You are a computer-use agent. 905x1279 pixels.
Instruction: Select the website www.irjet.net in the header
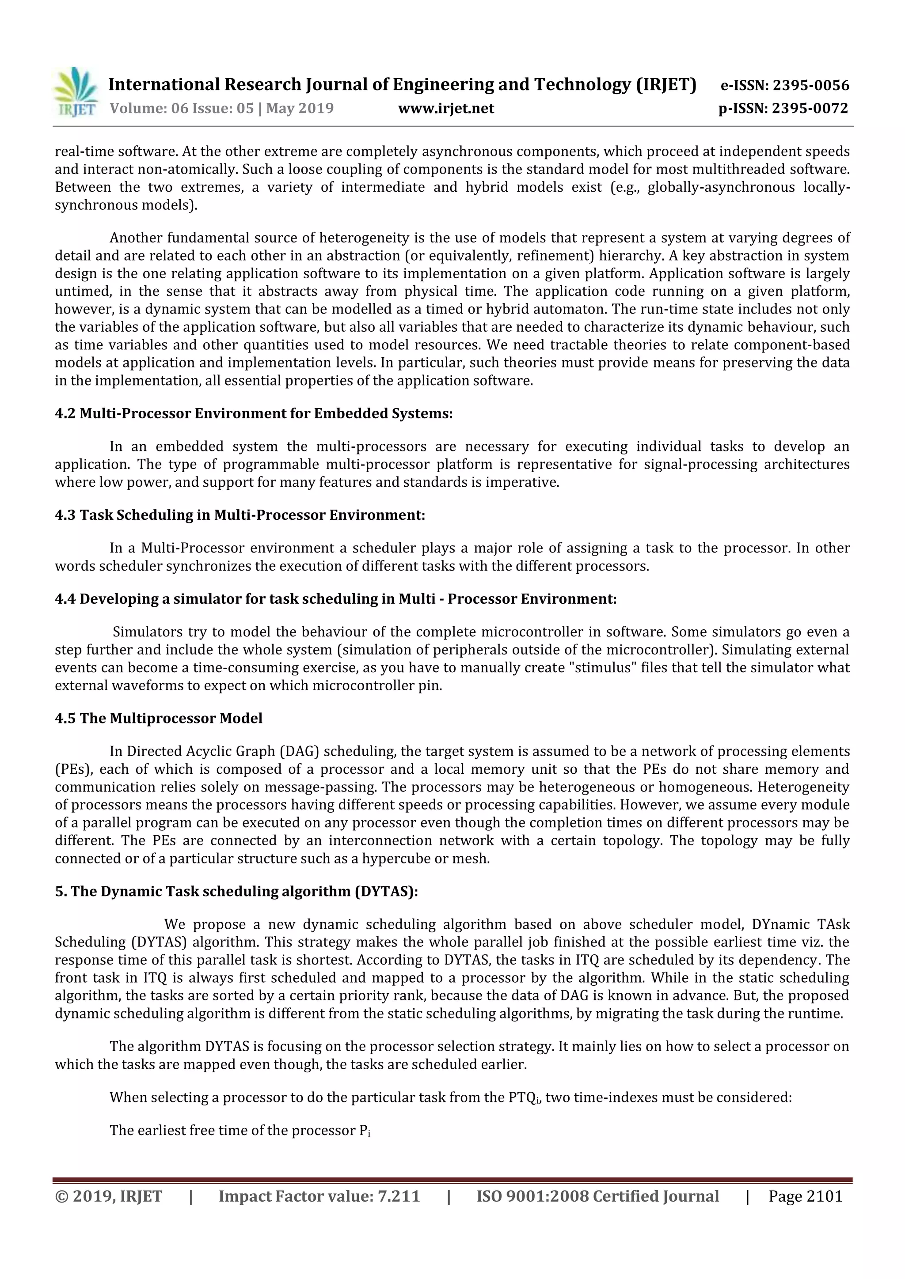click(446, 109)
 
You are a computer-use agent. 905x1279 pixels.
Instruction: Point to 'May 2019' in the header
click(300, 109)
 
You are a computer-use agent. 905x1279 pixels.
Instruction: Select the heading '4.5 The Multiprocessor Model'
click(159, 719)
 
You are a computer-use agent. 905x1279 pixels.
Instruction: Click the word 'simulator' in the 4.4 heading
click(207, 599)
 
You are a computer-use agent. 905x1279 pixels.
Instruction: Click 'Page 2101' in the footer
click(805, 1196)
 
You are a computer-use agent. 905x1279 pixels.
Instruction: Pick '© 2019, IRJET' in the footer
click(109, 1196)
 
